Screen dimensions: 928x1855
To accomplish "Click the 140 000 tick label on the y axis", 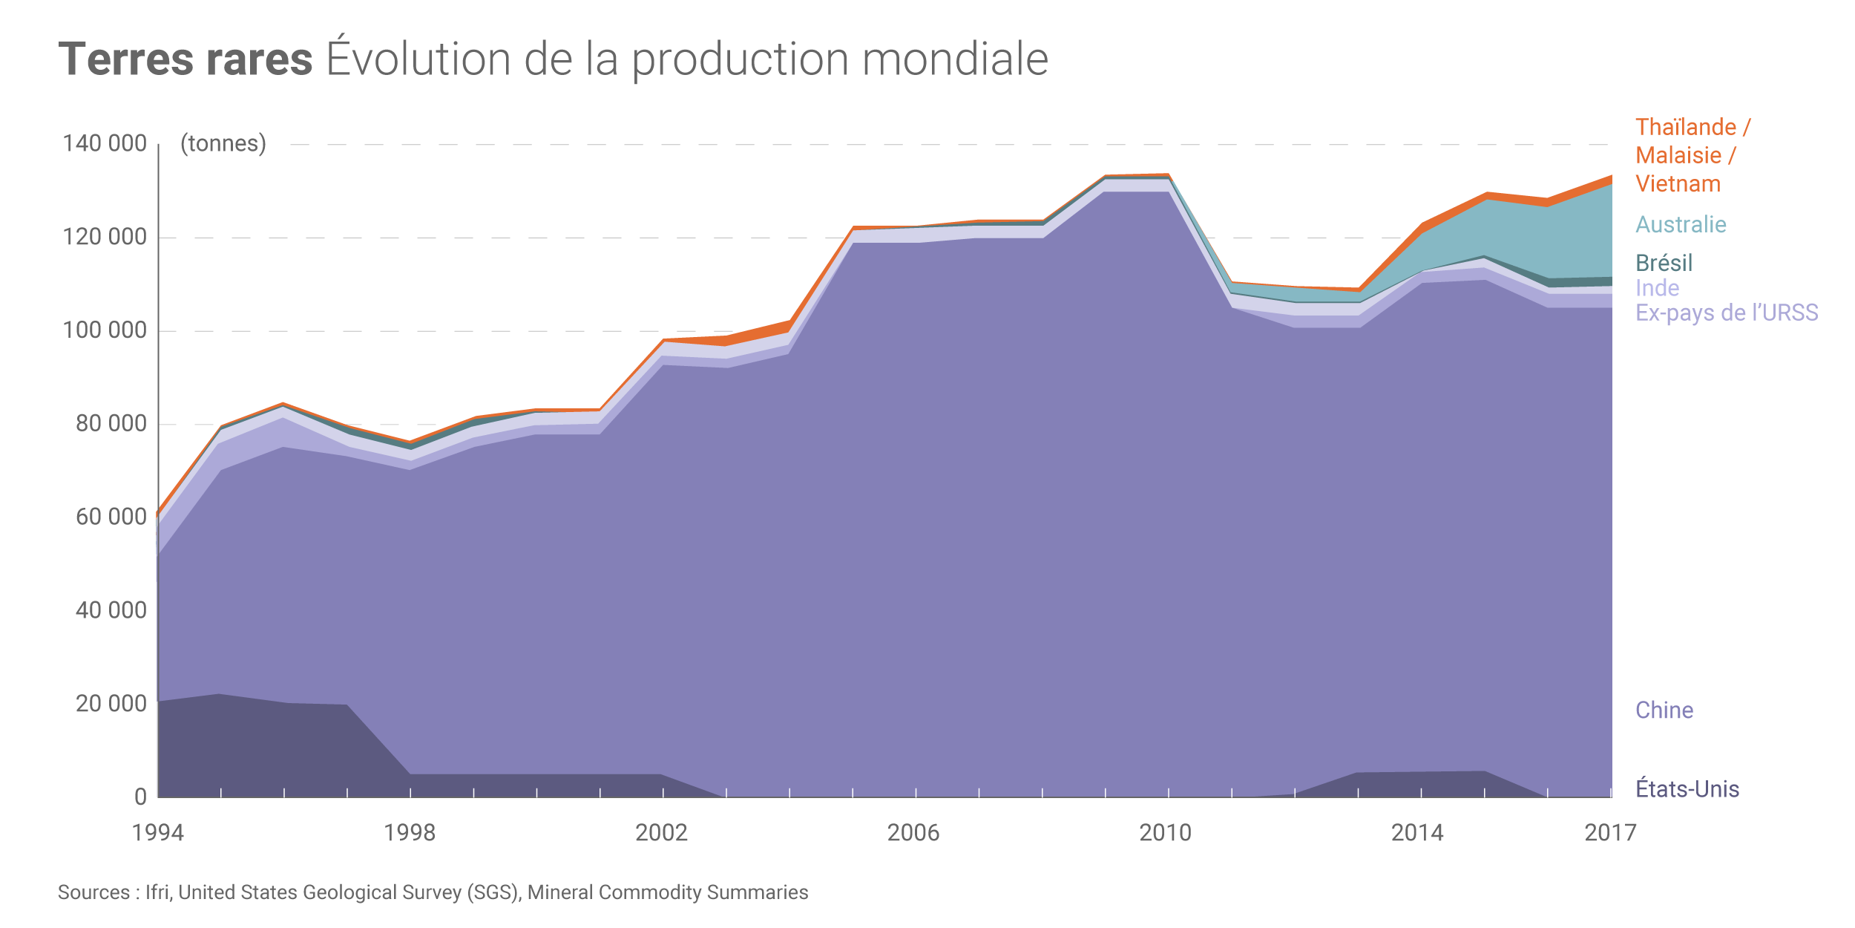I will (105, 143).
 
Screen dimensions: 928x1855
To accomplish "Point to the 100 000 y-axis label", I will (105, 330).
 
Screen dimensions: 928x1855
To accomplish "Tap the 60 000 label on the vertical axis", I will (111, 517).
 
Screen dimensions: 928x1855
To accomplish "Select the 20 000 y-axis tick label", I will (111, 703).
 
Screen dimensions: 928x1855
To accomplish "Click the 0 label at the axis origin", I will (140, 797).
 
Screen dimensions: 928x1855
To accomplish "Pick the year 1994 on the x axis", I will (158, 833).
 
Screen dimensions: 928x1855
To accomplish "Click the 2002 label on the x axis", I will (661, 833).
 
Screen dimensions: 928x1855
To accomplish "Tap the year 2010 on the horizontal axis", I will (1165, 833).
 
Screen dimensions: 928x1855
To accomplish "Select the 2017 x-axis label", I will (1610, 833).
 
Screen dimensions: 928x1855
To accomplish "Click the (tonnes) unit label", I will (223, 143).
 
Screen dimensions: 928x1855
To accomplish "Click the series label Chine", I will (1664, 710).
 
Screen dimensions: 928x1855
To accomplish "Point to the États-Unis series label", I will (1687, 788).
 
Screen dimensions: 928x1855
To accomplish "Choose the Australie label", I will (1681, 224).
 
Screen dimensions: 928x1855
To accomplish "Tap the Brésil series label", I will (1664, 263).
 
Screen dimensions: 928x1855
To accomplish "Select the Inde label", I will (1657, 288).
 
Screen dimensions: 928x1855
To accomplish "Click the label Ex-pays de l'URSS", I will (1727, 313).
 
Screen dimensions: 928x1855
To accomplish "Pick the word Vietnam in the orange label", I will (1678, 183).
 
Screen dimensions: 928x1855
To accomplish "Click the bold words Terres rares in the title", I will (185, 59).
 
